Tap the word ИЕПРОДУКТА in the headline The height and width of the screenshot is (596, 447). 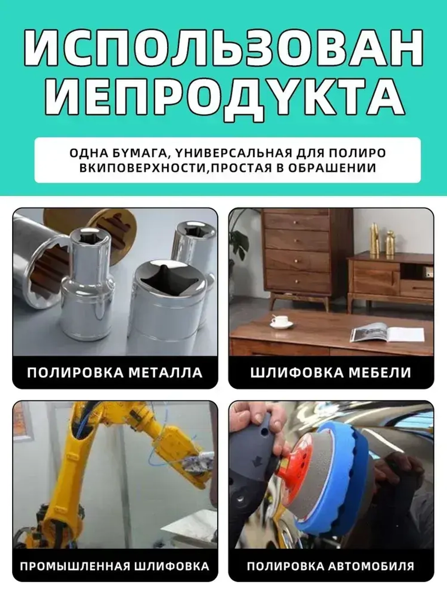click(224, 97)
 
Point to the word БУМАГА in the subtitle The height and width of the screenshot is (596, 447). click(139, 153)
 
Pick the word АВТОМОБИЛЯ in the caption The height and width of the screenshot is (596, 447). click(371, 566)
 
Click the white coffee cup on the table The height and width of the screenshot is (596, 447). click(281, 321)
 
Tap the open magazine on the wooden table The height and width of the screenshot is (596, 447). click(386, 334)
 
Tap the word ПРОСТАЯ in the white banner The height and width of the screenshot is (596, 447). click(241, 168)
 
